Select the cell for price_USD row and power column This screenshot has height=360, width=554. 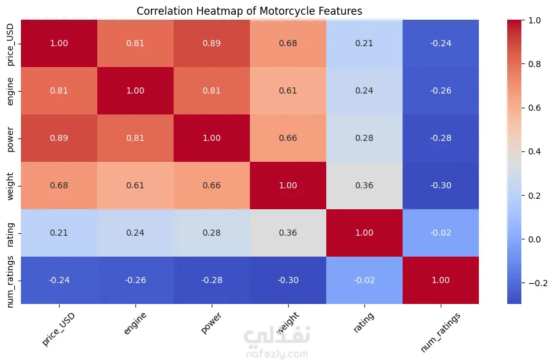coord(212,44)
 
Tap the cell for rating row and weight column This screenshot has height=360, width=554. coord(288,233)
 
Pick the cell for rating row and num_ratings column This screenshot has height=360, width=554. coord(440,233)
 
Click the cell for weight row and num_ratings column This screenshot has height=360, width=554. coord(440,185)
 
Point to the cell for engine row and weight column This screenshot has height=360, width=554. coord(288,91)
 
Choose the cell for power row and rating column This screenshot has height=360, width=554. coord(364,138)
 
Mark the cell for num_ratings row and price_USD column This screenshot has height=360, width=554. coord(59,280)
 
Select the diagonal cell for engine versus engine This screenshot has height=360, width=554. coord(135,91)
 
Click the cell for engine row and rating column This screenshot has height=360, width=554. coord(364,91)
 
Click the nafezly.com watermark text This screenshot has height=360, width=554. coord(276,354)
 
